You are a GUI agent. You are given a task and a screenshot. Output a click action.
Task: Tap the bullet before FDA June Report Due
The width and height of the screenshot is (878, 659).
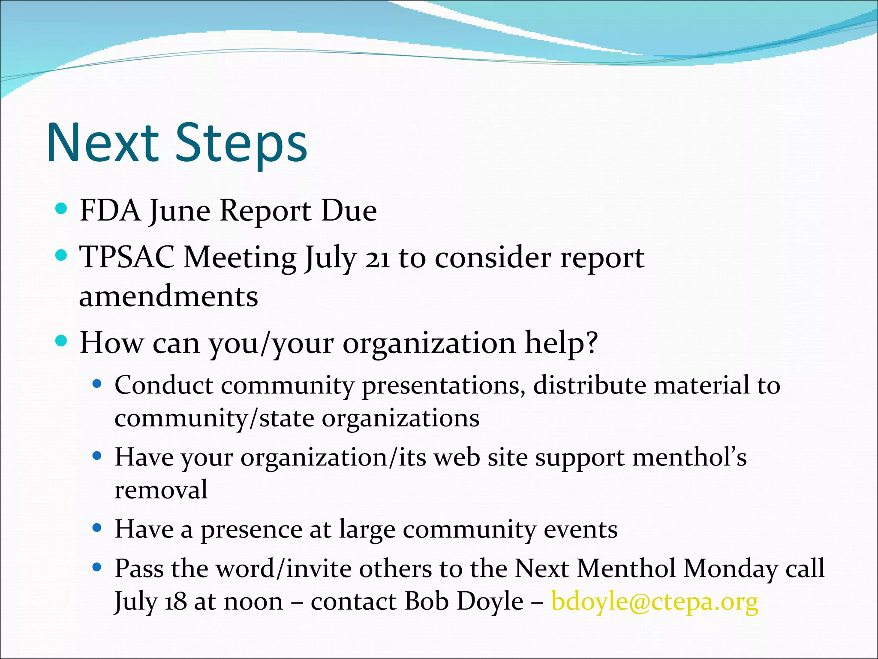62,209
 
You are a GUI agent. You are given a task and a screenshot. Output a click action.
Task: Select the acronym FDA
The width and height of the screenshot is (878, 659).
110,211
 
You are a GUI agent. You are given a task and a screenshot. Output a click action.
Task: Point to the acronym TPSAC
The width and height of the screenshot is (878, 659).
127,258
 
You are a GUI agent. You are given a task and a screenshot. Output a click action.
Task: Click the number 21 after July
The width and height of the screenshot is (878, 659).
377,259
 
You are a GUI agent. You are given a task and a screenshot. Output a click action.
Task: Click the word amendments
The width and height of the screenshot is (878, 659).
168,297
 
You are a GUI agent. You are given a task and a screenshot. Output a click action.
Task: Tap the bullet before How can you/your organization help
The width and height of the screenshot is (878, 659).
62,342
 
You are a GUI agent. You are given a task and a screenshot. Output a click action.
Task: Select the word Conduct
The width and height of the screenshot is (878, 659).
164,385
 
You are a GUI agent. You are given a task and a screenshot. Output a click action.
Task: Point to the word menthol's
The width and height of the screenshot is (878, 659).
689,457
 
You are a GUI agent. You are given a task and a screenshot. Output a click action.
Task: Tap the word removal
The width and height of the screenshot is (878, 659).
161,490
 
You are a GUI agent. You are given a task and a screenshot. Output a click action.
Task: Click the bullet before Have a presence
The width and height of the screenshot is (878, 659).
97,528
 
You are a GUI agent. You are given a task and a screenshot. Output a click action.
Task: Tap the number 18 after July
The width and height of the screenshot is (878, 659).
176,602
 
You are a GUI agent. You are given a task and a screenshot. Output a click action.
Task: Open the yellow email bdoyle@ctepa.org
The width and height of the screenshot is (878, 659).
655,602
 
